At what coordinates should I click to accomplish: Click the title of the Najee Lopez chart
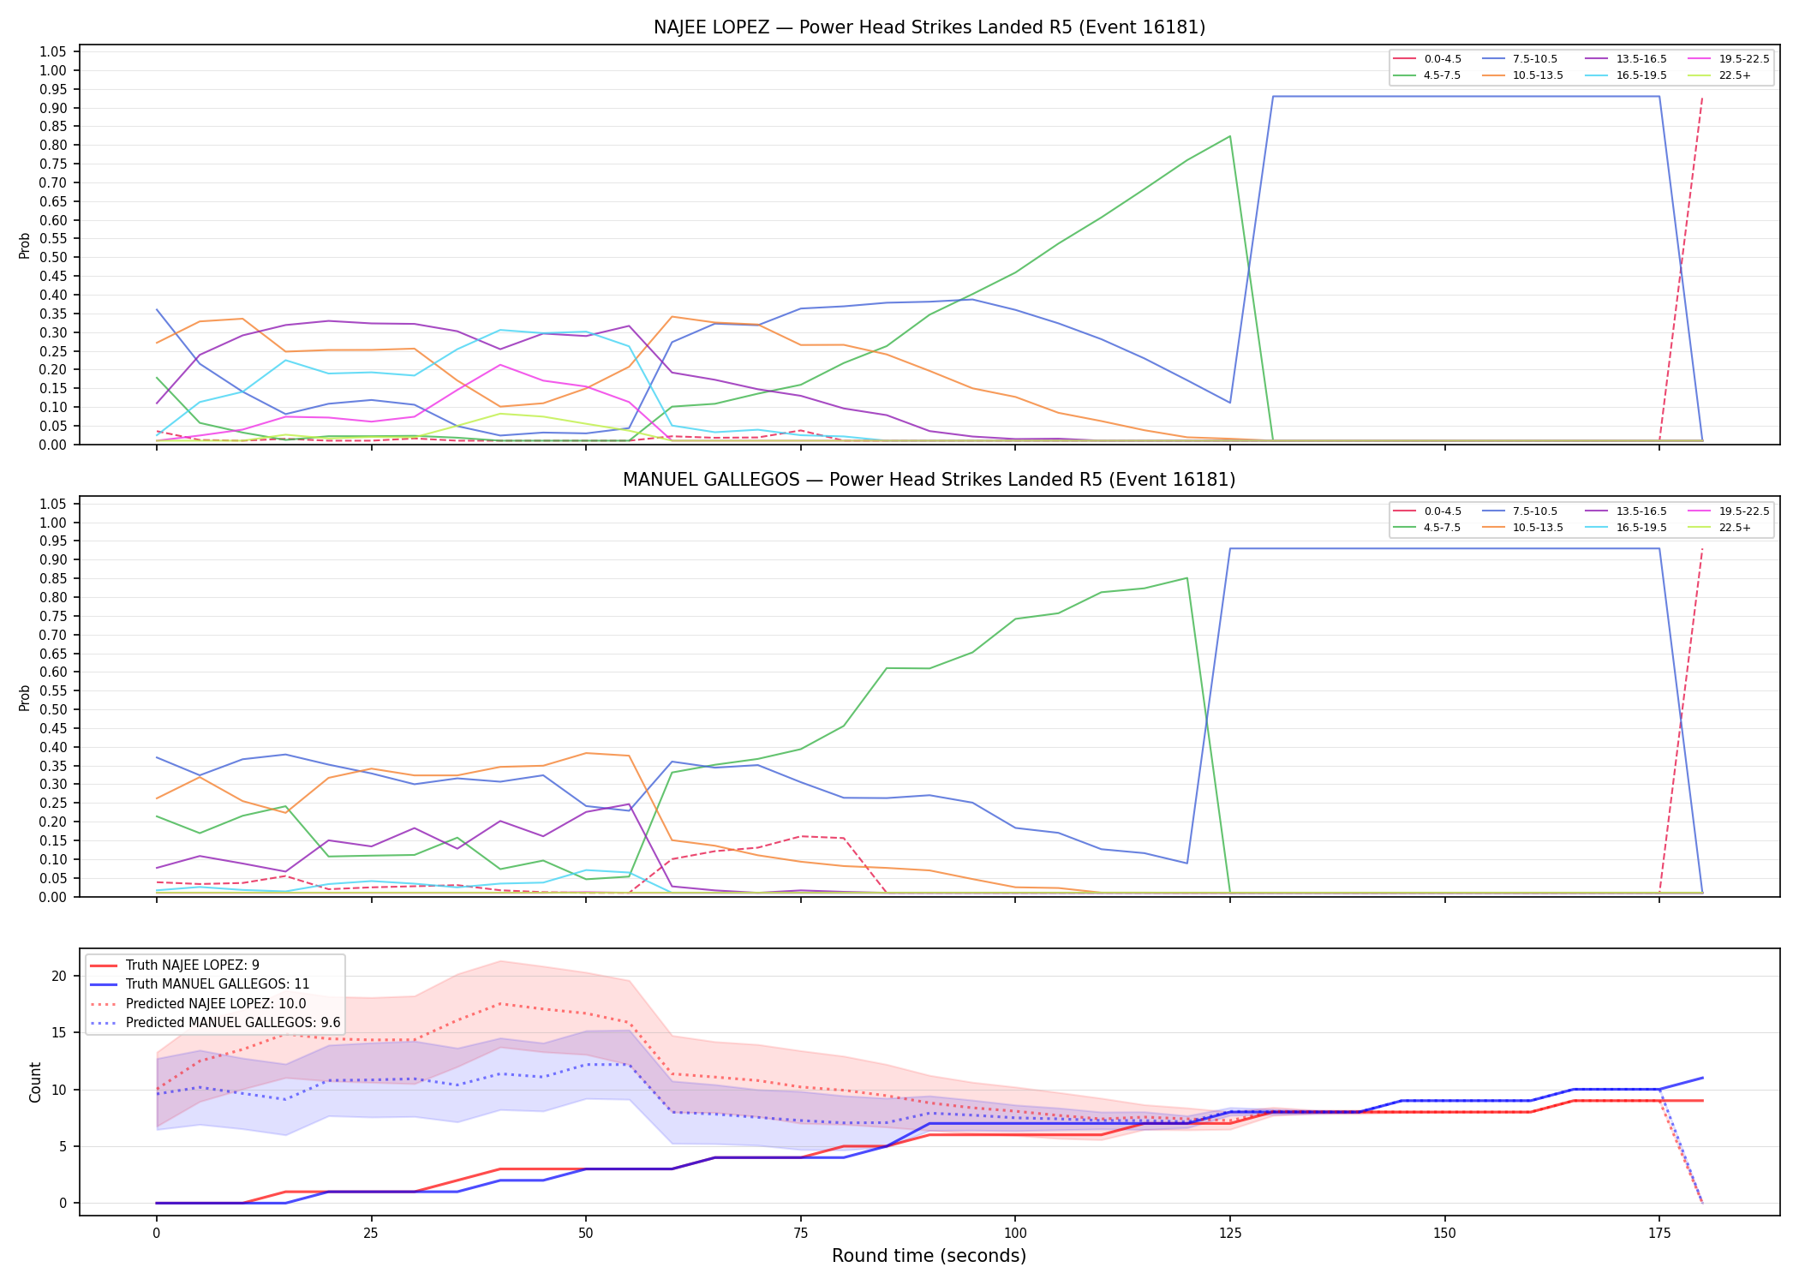929,27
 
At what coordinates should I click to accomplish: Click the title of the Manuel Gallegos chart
929,480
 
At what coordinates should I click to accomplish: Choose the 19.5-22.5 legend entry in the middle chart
1728,511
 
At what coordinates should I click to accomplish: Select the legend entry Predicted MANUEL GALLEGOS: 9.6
215,1023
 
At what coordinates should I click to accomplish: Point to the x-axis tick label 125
1230,1234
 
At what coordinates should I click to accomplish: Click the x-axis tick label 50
586,1234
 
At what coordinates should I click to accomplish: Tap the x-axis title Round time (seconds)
929,1256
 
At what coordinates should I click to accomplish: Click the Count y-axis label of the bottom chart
35,1082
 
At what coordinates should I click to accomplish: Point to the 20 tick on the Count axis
59,977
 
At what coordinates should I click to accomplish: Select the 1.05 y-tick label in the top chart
53,52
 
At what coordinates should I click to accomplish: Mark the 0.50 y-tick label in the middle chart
53,710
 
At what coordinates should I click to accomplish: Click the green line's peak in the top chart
1230,136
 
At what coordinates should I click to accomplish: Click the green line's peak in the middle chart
1187,578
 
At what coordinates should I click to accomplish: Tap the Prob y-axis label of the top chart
25,246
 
